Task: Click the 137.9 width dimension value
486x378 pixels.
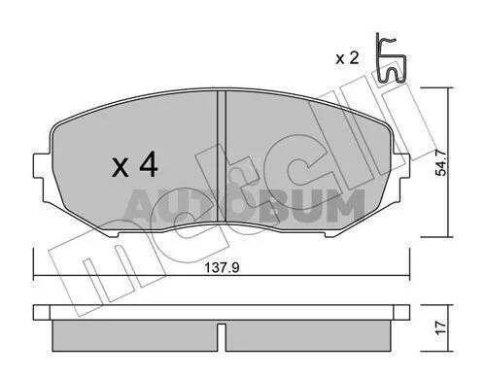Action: (x=222, y=267)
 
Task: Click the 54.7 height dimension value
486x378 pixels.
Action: (x=441, y=162)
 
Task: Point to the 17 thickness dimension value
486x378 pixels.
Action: (x=441, y=327)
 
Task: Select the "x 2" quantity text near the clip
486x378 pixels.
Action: (x=347, y=58)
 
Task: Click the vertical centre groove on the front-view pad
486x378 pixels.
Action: (x=221, y=155)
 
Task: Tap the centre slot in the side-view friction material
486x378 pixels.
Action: (x=221, y=337)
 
